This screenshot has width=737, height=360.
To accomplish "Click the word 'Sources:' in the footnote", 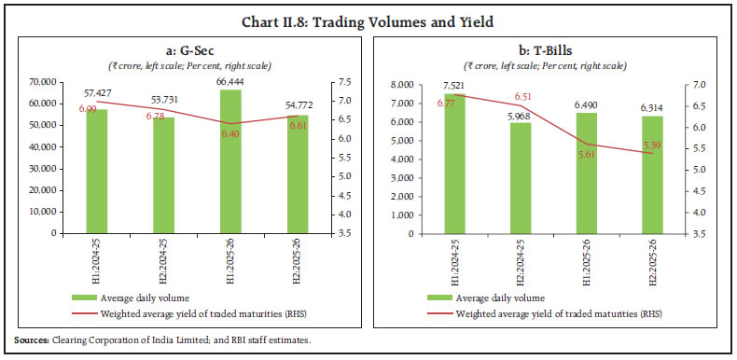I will [x=31, y=339].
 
